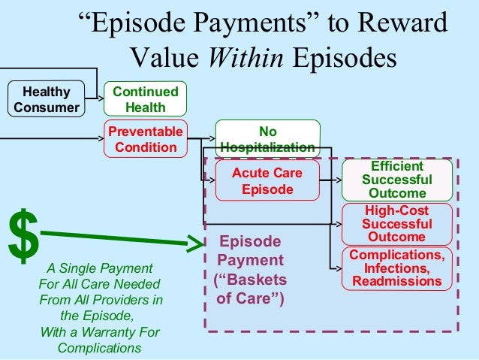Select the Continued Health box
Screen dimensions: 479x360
coord(146,99)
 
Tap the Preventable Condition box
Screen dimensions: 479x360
coord(146,139)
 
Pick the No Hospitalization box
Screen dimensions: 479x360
coord(268,139)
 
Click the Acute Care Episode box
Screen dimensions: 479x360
coord(267,181)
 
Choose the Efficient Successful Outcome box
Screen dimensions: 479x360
coord(397,180)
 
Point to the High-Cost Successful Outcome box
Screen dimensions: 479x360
coord(397,223)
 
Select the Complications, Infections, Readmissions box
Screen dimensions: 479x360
coord(397,268)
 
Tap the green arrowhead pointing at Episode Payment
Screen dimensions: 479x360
coord(196,244)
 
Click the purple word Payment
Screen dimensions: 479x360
coord(251,260)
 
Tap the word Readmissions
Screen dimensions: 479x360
coord(397,281)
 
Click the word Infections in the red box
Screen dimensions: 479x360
coord(397,268)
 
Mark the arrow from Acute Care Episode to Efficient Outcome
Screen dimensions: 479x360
coord(330,180)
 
